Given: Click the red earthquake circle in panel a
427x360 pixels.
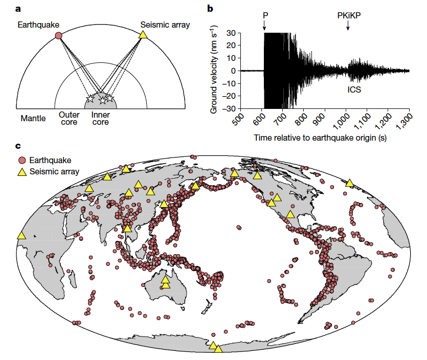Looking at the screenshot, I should (58, 35).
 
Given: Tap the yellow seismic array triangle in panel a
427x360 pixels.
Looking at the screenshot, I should (144, 35).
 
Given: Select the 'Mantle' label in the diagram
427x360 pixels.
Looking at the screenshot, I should (33, 118).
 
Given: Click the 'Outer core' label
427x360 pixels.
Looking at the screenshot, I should (69, 119).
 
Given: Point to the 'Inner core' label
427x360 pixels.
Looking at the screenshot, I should (100, 119).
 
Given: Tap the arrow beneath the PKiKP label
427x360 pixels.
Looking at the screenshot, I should (348, 26).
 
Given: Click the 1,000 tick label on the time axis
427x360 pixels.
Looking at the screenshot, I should (347, 117).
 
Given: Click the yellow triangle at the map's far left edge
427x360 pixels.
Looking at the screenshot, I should (21, 235).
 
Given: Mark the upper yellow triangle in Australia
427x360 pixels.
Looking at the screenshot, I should (165, 279).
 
